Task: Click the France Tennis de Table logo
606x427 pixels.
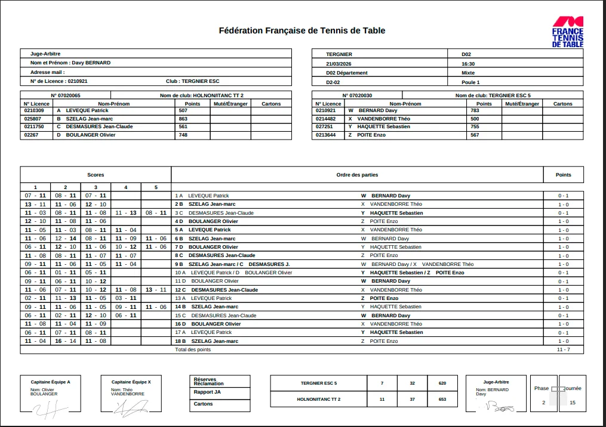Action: (567, 32)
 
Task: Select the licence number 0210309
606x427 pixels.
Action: (34, 110)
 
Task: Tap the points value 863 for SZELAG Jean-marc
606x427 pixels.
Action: (183, 119)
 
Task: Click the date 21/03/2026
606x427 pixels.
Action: (339, 64)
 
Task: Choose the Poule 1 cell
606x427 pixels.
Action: (470, 82)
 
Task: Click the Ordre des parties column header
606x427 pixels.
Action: (357, 175)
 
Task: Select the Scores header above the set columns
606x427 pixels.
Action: (96, 175)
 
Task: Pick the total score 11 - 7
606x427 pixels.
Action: (563, 349)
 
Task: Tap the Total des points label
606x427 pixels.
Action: (193, 349)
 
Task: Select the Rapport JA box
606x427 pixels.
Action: (207, 392)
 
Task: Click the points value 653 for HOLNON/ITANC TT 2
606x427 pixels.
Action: (442, 400)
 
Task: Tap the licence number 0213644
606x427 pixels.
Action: (326, 135)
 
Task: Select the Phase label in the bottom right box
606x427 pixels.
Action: (542, 388)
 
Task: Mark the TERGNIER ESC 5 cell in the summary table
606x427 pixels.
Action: (319, 383)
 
